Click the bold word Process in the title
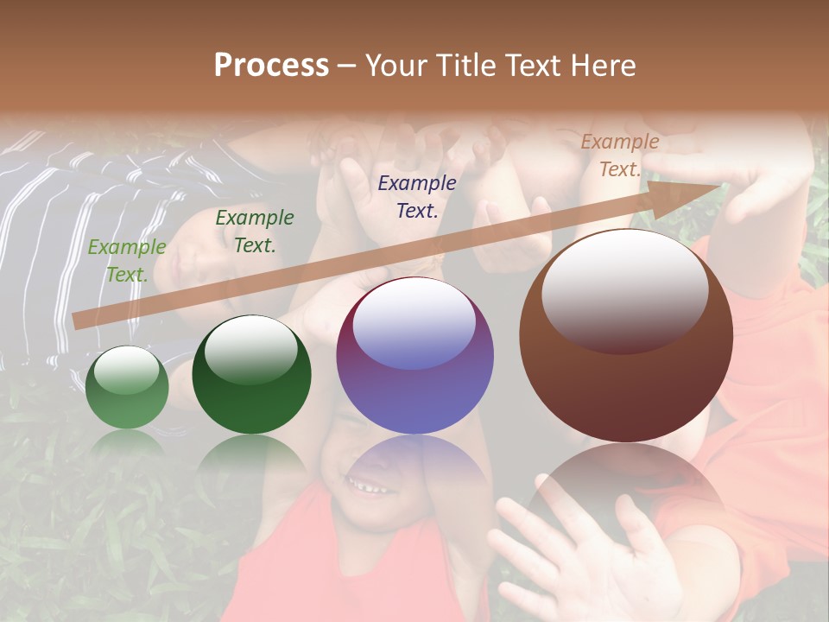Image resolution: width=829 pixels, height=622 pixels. click(271, 66)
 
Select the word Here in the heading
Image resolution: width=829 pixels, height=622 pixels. click(604, 66)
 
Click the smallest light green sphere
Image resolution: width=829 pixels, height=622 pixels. click(128, 387)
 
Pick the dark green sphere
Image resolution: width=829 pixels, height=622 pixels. click(251, 374)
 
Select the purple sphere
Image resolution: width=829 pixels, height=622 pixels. click(415, 355)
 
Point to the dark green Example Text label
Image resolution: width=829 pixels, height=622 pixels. click(255, 231)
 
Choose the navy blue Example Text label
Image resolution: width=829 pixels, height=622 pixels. click(417, 196)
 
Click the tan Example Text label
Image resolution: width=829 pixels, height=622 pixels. click(620, 155)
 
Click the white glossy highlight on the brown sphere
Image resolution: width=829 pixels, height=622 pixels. click(625, 289)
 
